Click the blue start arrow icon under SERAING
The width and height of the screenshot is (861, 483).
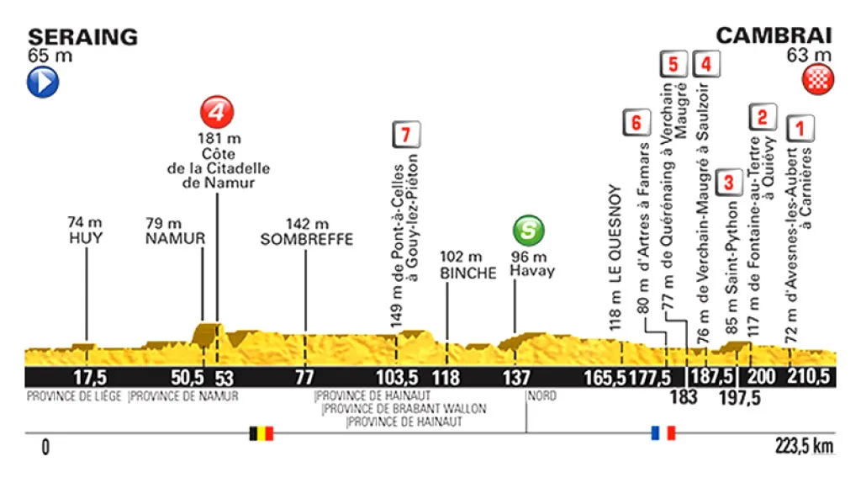pyautogui.click(x=44, y=83)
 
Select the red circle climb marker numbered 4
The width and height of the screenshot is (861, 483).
pyautogui.click(x=216, y=111)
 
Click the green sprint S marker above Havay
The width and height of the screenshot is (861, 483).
pyautogui.click(x=529, y=230)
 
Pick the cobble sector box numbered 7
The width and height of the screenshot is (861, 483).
pyautogui.click(x=405, y=134)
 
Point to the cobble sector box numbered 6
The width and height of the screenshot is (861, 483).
pyautogui.click(x=637, y=123)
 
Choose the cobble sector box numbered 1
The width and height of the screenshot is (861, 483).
pyautogui.click(x=800, y=128)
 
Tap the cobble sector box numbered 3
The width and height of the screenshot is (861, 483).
pyautogui.click(x=730, y=181)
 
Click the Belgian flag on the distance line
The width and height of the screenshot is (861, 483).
pyautogui.click(x=261, y=433)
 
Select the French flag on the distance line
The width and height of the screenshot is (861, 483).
pyautogui.click(x=663, y=433)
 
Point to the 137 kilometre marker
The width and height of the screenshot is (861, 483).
pyautogui.click(x=516, y=378)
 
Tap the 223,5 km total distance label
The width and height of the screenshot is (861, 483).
pyautogui.click(x=805, y=446)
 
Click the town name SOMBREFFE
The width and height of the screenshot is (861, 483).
pyautogui.click(x=306, y=240)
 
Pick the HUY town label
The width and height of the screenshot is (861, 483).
pyautogui.click(x=86, y=239)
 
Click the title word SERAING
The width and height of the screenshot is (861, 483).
pyautogui.click(x=82, y=36)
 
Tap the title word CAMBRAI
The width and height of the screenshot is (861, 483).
pyautogui.click(x=774, y=35)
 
